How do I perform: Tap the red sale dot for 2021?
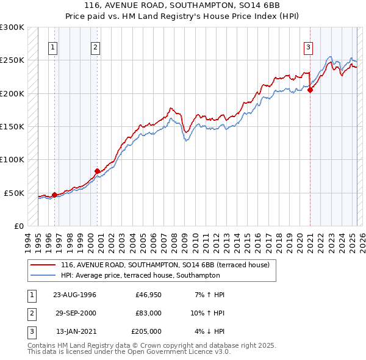(x=310, y=90)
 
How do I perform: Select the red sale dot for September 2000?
(x=97, y=171)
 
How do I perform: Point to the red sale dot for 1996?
(x=54, y=195)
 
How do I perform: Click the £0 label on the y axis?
(x=18, y=226)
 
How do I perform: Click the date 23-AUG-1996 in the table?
(x=74, y=295)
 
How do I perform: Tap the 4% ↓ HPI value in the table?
(x=210, y=331)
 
